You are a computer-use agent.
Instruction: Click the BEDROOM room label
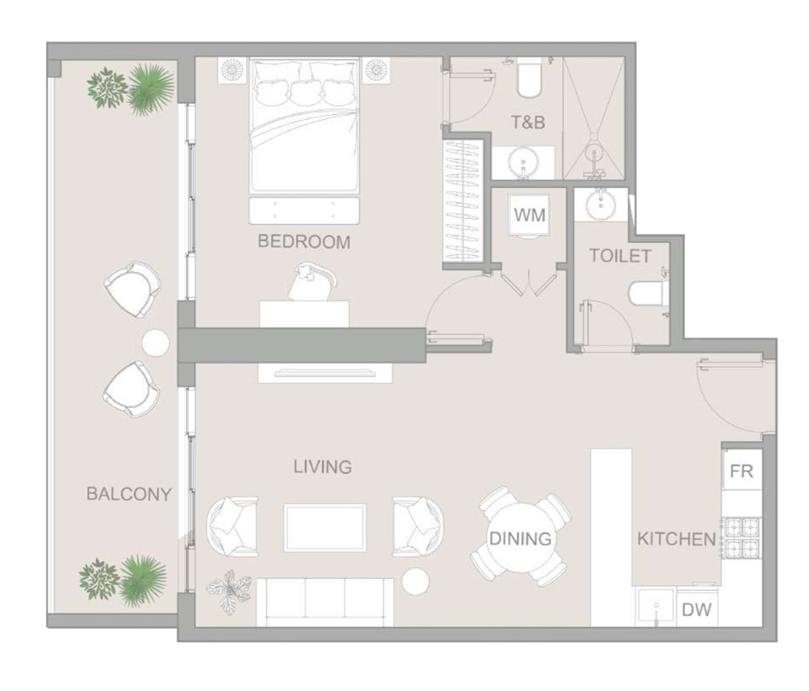pyautogui.click(x=304, y=242)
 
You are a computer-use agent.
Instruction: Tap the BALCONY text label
pyautogui.click(x=128, y=494)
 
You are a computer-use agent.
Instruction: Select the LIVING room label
pyautogui.click(x=323, y=466)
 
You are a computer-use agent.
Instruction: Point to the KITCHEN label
pyautogui.click(x=676, y=539)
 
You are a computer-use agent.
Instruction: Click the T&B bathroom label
pyautogui.click(x=528, y=122)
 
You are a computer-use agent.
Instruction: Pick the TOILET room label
pyautogui.click(x=620, y=256)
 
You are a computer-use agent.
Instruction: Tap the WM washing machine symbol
pyautogui.click(x=529, y=215)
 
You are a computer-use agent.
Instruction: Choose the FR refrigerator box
pyautogui.click(x=742, y=470)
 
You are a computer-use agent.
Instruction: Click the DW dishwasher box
pyautogui.click(x=696, y=609)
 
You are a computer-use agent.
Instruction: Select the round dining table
pyautogui.click(x=520, y=538)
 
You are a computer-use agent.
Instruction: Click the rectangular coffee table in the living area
pyautogui.click(x=325, y=527)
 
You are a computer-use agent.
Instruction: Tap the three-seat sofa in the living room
pyautogui.click(x=325, y=602)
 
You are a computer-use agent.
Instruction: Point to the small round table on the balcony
pyautogui.click(x=155, y=343)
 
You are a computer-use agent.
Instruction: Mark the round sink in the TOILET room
pyautogui.click(x=601, y=202)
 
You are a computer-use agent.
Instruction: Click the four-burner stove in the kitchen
pyautogui.click(x=742, y=538)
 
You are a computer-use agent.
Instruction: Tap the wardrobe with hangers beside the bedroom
pyautogui.click(x=462, y=201)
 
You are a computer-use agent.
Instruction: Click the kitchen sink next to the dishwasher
pyautogui.click(x=656, y=607)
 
